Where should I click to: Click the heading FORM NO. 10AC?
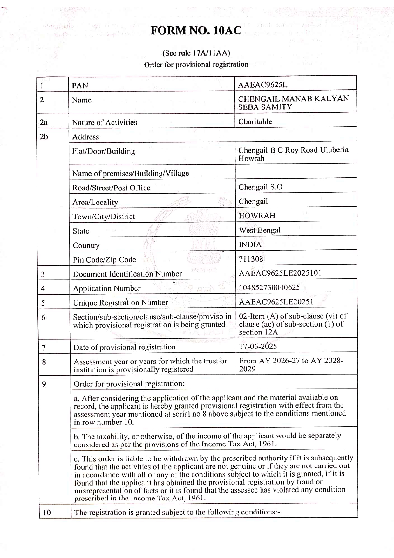coord(196,31)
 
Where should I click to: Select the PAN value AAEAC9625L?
coord(262,85)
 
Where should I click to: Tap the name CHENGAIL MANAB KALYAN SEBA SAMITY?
coord(293,102)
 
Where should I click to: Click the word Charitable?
coord(255,121)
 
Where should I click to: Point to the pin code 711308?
coord(251,259)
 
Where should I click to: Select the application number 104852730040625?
coord(269,287)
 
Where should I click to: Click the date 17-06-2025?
coord(258,346)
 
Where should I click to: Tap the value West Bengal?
coord(260,230)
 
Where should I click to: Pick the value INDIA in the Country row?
coord(250,245)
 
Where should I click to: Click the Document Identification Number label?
coord(127,274)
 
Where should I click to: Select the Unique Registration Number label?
coord(120,302)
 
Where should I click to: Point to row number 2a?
coord(44,122)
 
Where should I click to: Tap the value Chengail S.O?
coord(260,187)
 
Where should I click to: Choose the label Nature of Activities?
coord(105,122)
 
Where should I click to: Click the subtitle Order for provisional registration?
coord(196,65)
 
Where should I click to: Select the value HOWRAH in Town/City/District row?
coord(257,216)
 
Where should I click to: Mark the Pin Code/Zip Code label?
coord(104,260)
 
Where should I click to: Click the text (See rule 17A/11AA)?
coord(196,53)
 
